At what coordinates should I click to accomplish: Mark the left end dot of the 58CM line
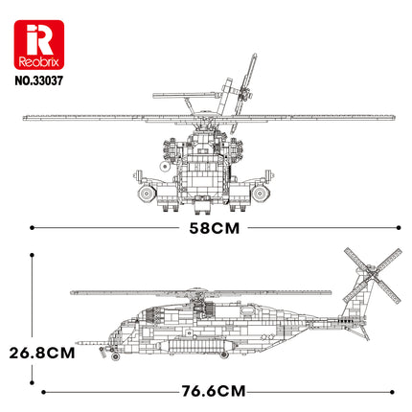pos(33,227)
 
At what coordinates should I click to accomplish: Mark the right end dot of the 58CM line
pos(393,227)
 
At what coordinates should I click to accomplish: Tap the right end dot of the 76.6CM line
pos(392,391)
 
